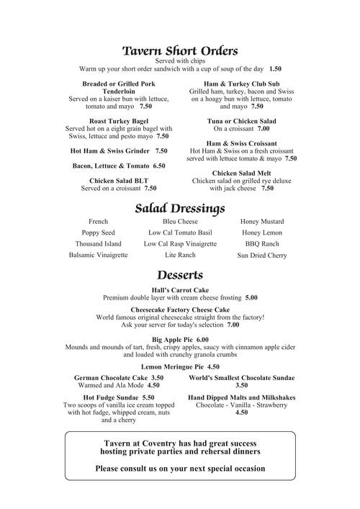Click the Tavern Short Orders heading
pyautogui.click(x=180, y=51)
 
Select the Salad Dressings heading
pyautogui.click(x=180, y=208)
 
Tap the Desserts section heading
pyautogui.click(x=180, y=276)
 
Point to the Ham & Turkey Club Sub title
pyautogui.click(x=242, y=84)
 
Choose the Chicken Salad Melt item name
pyautogui.click(x=242, y=173)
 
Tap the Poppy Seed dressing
pyautogui.click(x=98, y=233)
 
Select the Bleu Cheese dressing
pyautogui.click(x=180, y=222)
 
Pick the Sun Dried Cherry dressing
pyautogui.click(x=262, y=256)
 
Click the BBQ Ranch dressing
pyautogui.click(x=262, y=244)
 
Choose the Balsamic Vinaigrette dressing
pyautogui.click(x=98, y=256)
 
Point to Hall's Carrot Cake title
pyautogui.click(x=180, y=289)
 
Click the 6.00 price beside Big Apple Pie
pyautogui.click(x=202, y=339)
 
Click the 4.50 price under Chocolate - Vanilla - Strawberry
pyautogui.click(x=242, y=413)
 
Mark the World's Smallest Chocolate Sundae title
pyautogui.click(x=242, y=377)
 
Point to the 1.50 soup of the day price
pyautogui.click(x=275, y=69)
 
